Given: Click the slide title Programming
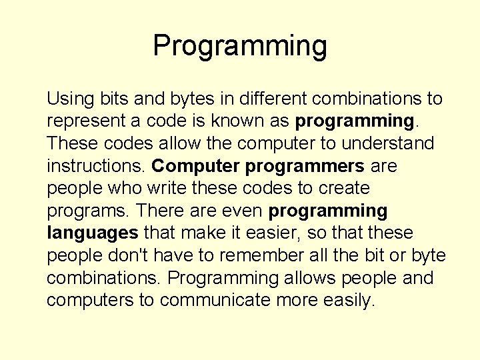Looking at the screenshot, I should (240, 46).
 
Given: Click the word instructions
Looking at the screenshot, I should (96, 166).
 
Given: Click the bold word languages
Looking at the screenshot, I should (93, 234).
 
